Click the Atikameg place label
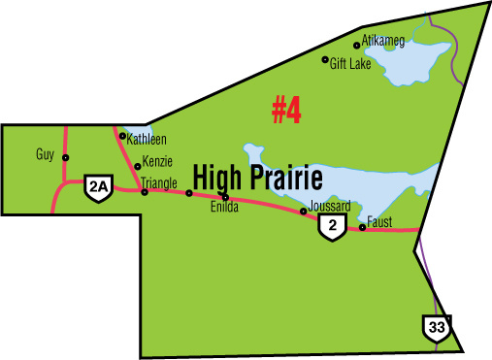tap(383, 41)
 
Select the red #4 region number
tap(286, 111)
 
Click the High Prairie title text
tap(257, 177)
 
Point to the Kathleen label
tap(146, 140)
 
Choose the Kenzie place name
tap(157, 161)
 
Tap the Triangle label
tap(158, 181)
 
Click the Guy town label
tap(44, 154)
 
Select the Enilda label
tap(223, 207)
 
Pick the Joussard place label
tap(329, 206)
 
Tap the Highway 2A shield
tap(97, 188)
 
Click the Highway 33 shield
tap(435, 328)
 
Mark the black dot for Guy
tap(66, 157)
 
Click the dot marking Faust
tap(362, 228)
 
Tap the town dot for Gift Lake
tap(325, 59)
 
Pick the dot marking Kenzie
tap(138, 166)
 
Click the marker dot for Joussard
tap(304, 211)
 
